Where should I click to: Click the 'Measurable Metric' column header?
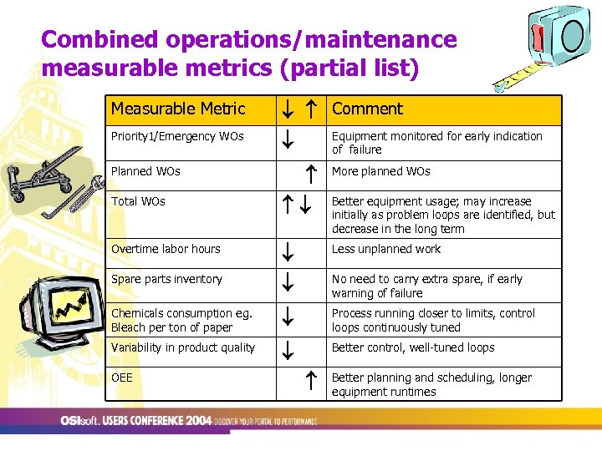(178, 109)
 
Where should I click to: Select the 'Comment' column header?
(367, 109)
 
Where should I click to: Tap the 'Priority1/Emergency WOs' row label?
(177, 136)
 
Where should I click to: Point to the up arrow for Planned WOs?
(309, 173)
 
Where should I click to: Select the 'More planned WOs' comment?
(380, 171)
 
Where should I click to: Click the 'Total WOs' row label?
(138, 201)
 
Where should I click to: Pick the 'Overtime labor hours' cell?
(166, 249)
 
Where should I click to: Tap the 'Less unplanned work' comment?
(385, 249)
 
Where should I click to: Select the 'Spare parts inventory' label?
(166, 279)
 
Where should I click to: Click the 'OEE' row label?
(122, 378)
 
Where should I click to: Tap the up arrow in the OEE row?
(309, 380)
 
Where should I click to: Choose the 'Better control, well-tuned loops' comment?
(413, 347)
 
